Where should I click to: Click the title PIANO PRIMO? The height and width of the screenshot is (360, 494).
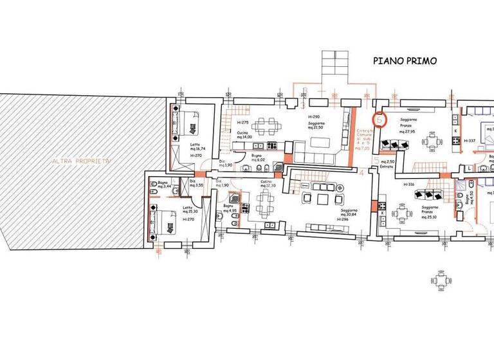point(405,61)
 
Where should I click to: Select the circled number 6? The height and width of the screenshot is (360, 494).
point(380,120)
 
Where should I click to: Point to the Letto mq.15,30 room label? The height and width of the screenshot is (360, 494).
point(188,211)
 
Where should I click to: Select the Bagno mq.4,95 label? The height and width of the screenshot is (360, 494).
point(230,208)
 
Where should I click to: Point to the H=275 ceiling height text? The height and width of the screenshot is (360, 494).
point(242,122)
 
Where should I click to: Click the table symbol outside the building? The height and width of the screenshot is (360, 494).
point(440,280)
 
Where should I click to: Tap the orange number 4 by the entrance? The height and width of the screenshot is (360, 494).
point(362,173)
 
